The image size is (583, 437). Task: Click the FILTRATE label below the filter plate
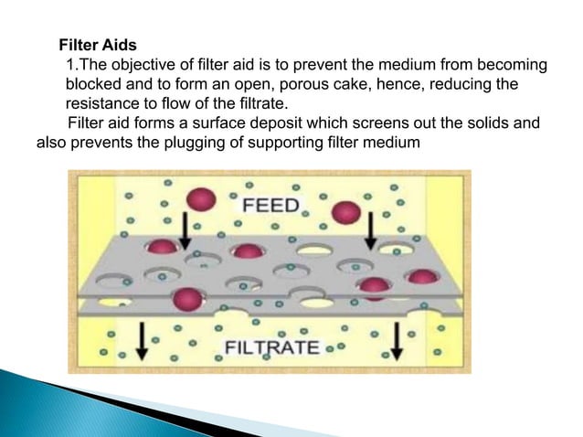pos(272,347)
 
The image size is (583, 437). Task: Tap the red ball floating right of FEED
pos(344,212)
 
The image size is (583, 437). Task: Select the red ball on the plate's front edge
pos(186,297)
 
